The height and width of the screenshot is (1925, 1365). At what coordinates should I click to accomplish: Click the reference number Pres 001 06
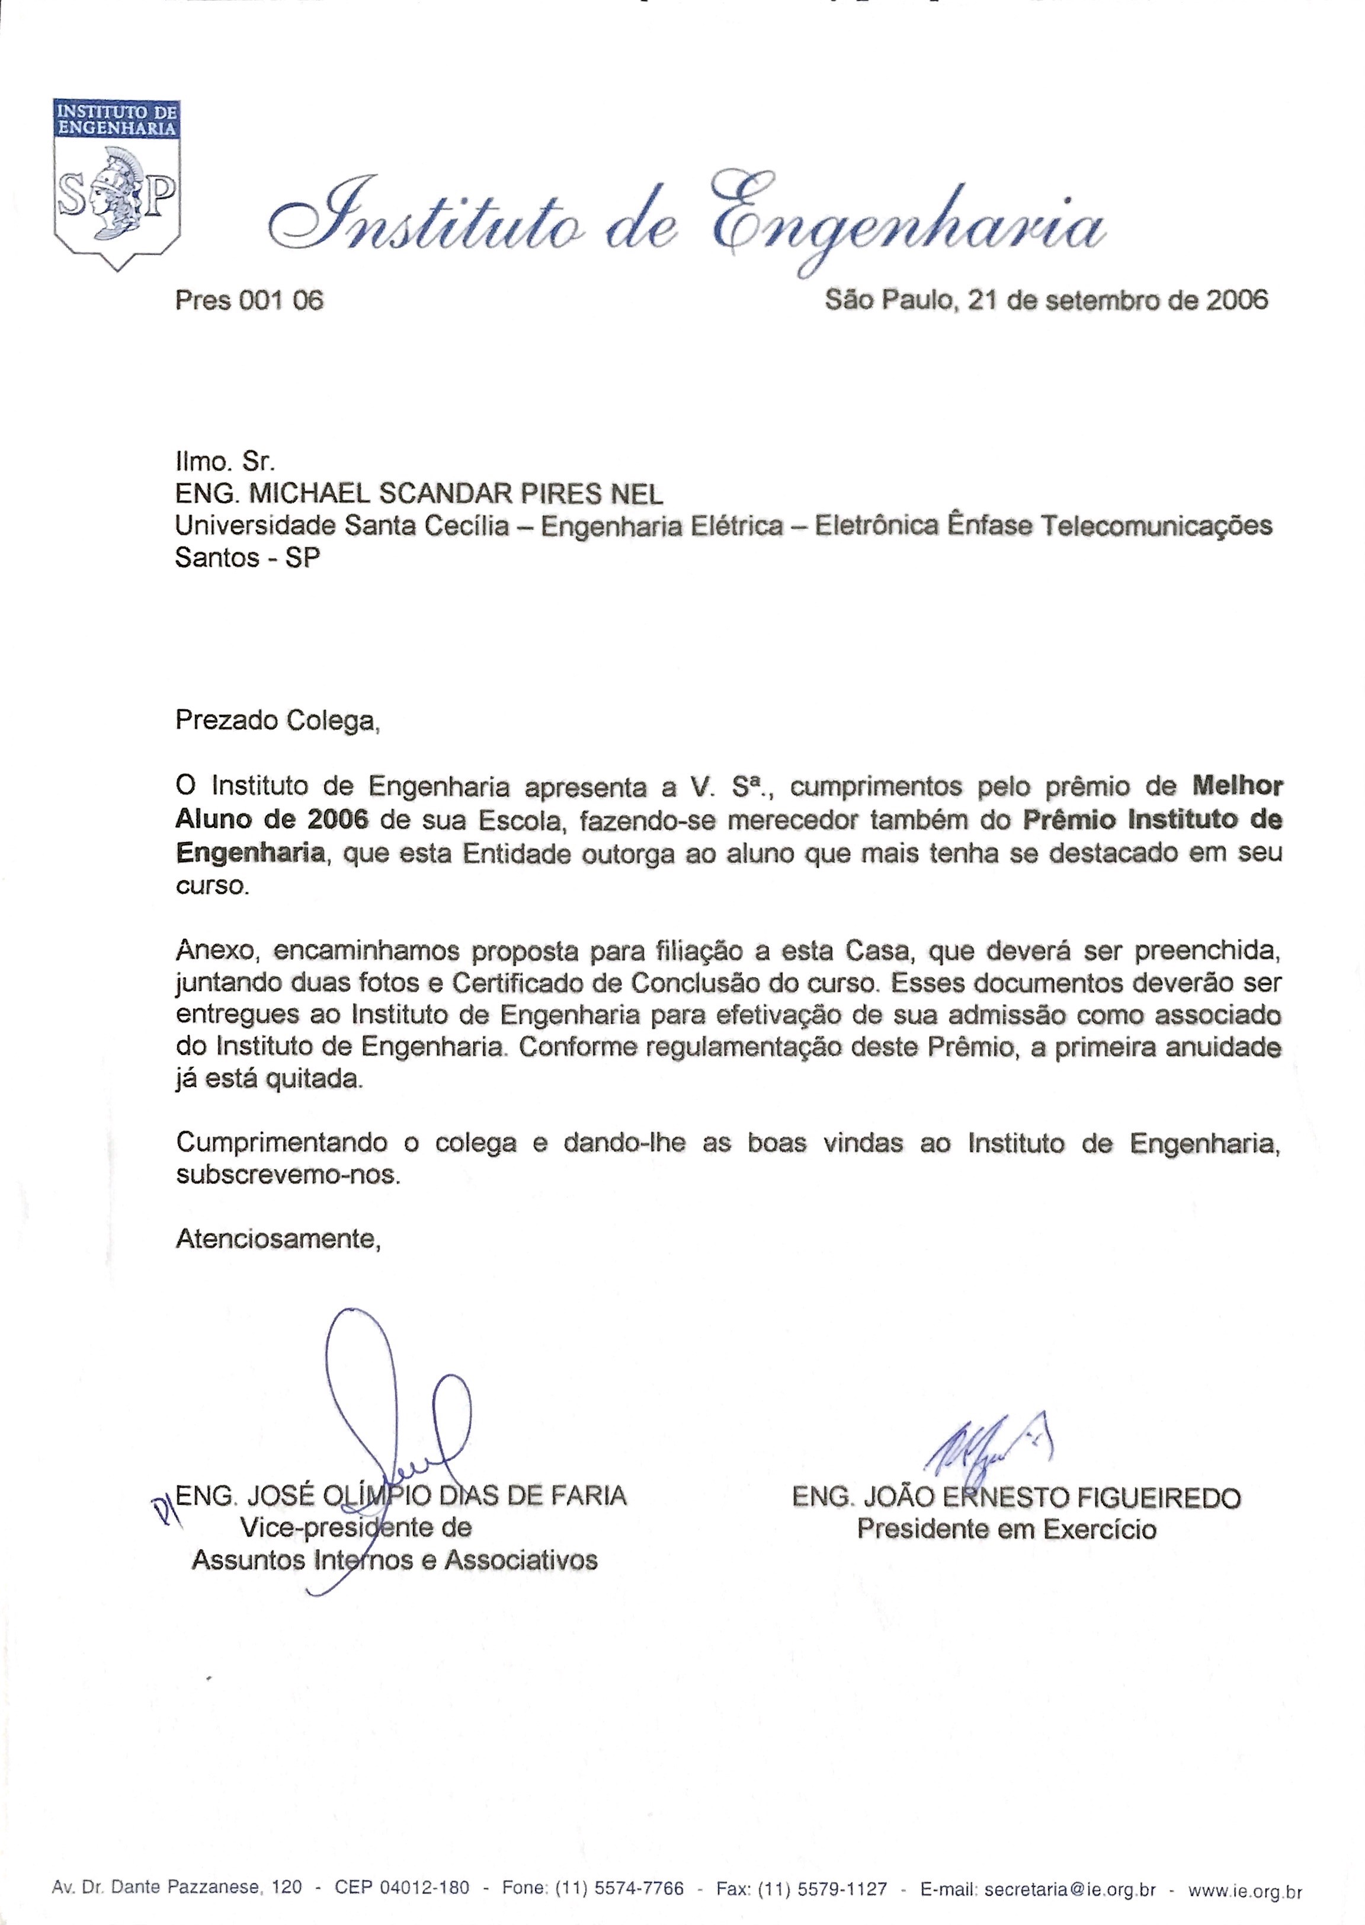tap(249, 300)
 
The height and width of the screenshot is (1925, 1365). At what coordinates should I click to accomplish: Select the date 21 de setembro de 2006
tap(1118, 299)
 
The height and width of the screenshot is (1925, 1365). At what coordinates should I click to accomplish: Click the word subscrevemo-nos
tap(287, 1174)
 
